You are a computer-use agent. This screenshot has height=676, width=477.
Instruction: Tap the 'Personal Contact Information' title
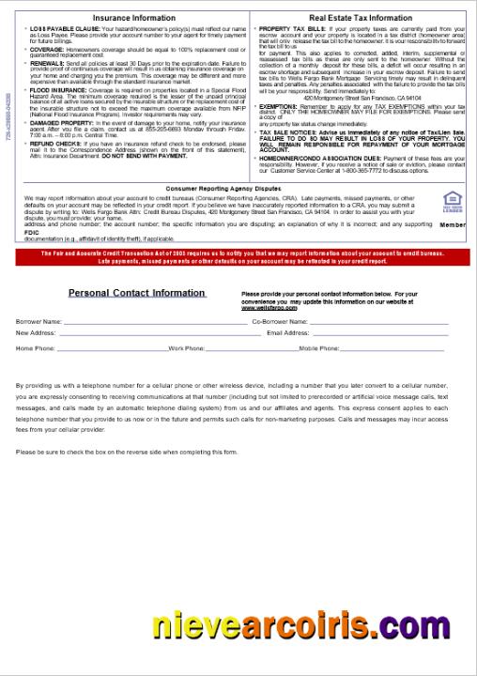(136, 293)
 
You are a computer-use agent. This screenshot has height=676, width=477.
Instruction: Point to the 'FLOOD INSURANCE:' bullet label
(59, 90)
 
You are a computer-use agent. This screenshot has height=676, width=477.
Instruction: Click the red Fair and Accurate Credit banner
(238, 257)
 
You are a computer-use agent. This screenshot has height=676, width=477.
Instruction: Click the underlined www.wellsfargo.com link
(263, 307)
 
